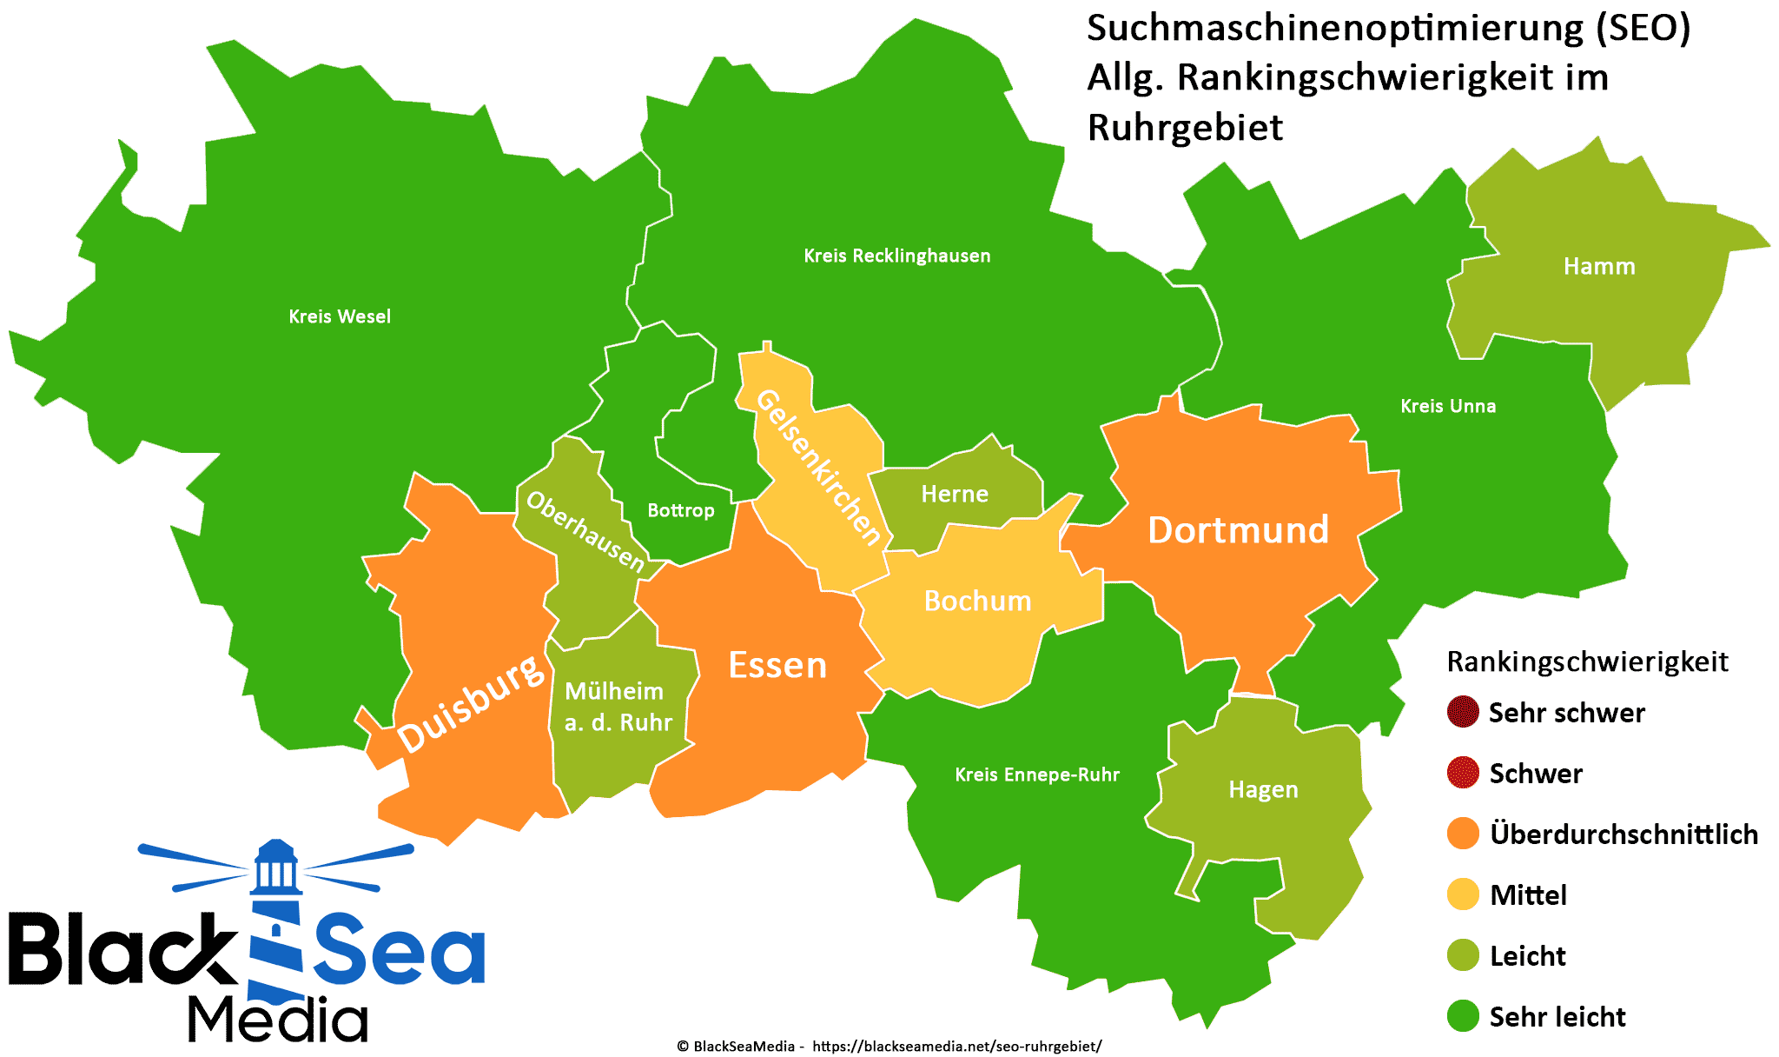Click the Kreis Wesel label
pos(340,316)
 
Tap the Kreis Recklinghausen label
pos(896,256)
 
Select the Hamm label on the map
pos(1599,266)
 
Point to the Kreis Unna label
pos(1448,406)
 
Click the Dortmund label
pos(1238,530)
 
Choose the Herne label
pos(955,494)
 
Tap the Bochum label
pos(977,601)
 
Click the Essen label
pos(777,665)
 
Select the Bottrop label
pos(681,510)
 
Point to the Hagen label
pos(1263,789)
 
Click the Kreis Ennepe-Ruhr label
pos(1037,774)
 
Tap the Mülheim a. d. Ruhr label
pos(618,707)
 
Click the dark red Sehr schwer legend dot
pos(1463,712)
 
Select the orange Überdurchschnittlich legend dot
pos(1463,834)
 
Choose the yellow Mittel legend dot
pos(1463,894)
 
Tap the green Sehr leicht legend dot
pos(1463,1016)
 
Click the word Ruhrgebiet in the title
pos(1184,128)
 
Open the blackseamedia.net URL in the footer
pos(956,1047)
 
